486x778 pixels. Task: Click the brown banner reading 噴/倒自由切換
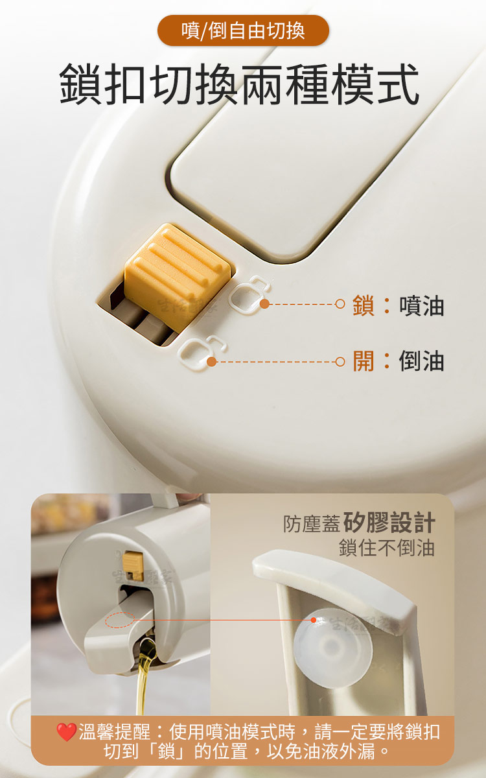click(x=243, y=30)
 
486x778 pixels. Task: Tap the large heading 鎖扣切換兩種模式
click(x=240, y=84)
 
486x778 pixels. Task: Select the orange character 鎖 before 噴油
click(x=364, y=305)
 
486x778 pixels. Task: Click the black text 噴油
click(x=421, y=305)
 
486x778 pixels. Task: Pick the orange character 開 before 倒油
click(x=364, y=361)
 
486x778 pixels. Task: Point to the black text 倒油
click(x=421, y=361)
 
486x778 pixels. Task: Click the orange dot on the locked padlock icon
click(x=264, y=304)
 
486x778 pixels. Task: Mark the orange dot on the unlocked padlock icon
click(x=212, y=362)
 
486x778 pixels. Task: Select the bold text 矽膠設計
click(x=389, y=523)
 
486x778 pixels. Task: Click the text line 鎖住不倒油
click(x=387, y=548)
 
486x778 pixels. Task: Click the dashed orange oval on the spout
click(x=120, y=620)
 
